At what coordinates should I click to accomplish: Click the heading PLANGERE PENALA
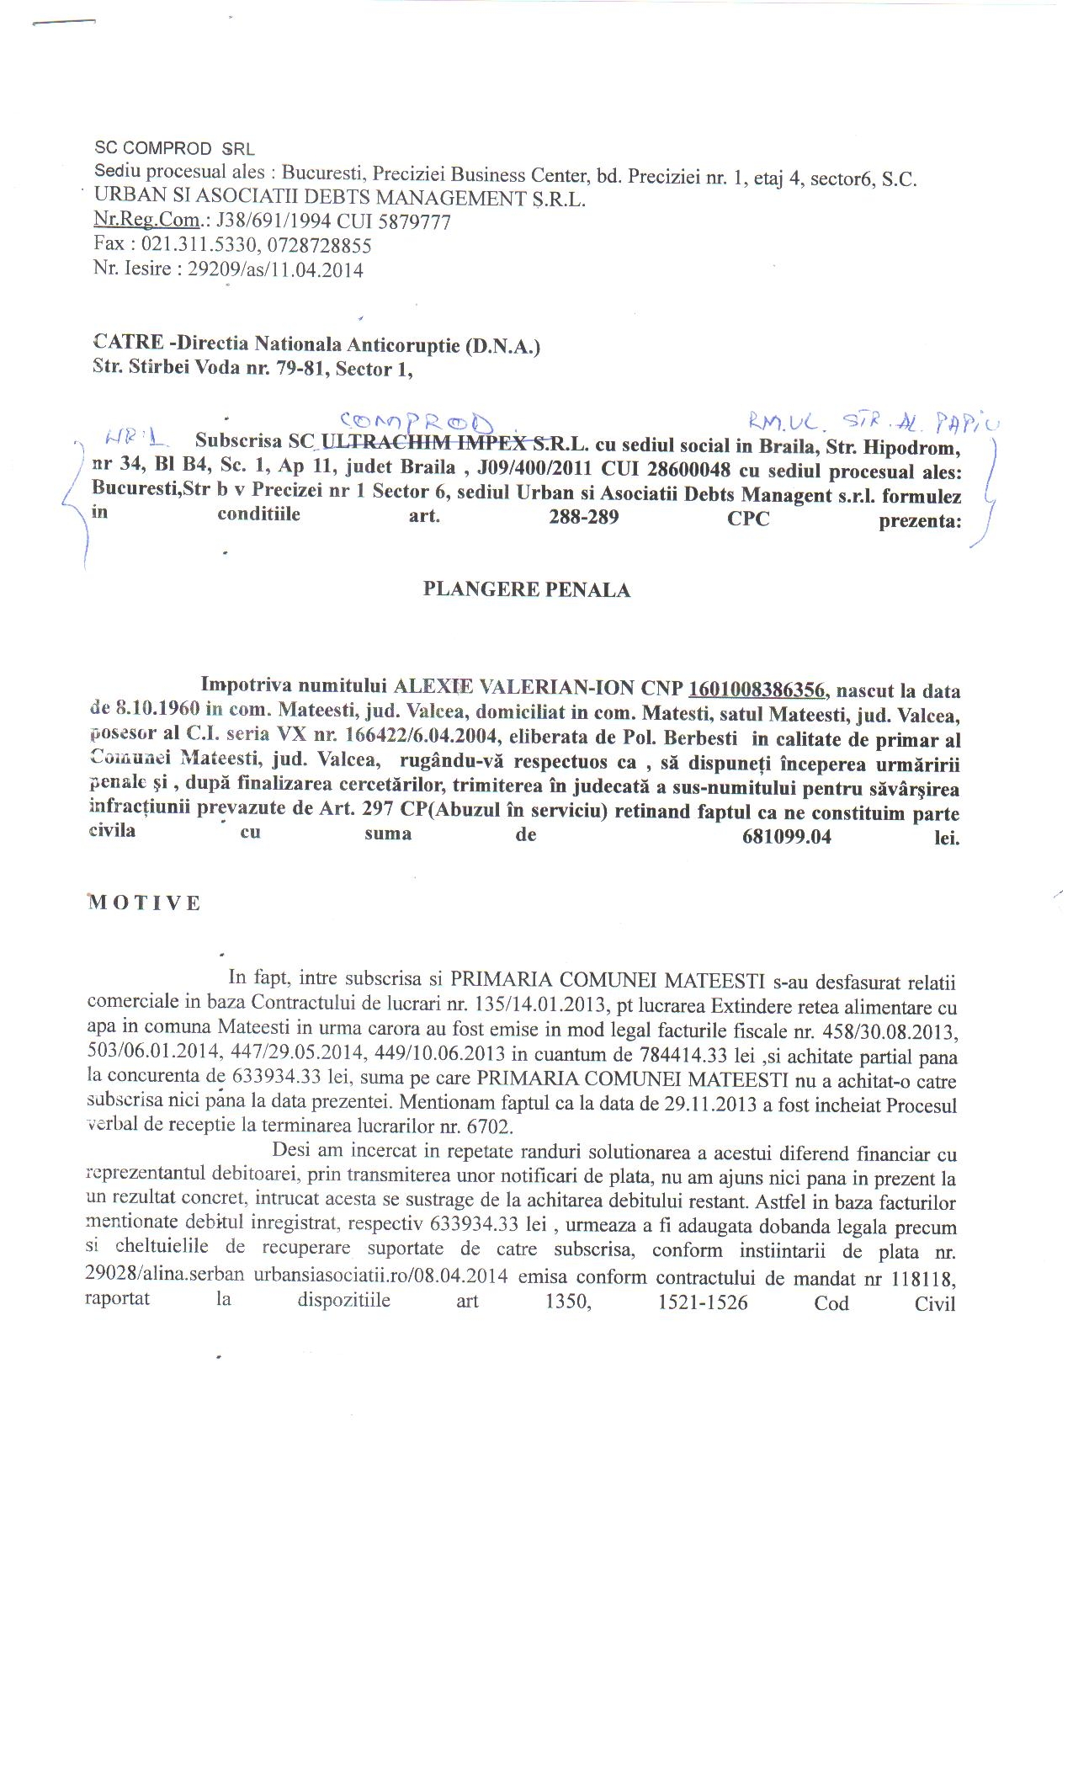click(x=526, y=589)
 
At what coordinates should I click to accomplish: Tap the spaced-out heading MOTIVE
click(x=145, y=903)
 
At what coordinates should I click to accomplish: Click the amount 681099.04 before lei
click(x=788, y=837)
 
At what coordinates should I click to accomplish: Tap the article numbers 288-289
click(x=583, y=517)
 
